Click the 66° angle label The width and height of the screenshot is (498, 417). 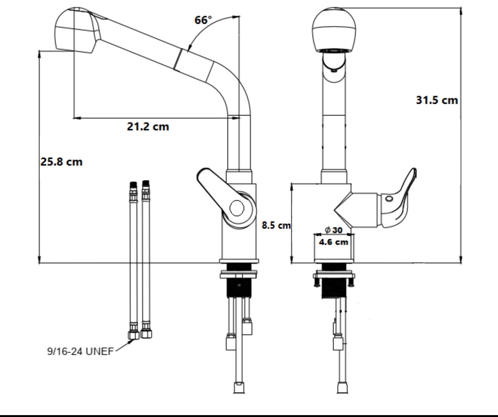[x=203, y=20]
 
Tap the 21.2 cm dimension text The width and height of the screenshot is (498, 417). [x=148, y=126]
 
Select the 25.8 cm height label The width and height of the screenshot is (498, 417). [x=61, y=162]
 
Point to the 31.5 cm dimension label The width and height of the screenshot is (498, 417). [x=437, y=100]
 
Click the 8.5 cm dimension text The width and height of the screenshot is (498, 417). [x=276, y=225]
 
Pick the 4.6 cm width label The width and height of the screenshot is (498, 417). [x=334, y=242]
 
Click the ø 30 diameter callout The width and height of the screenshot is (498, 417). [x=334, y=230]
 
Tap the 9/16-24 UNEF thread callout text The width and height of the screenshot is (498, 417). [x=80, y=351]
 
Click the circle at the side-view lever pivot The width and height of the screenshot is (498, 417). [x=237, y=208]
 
